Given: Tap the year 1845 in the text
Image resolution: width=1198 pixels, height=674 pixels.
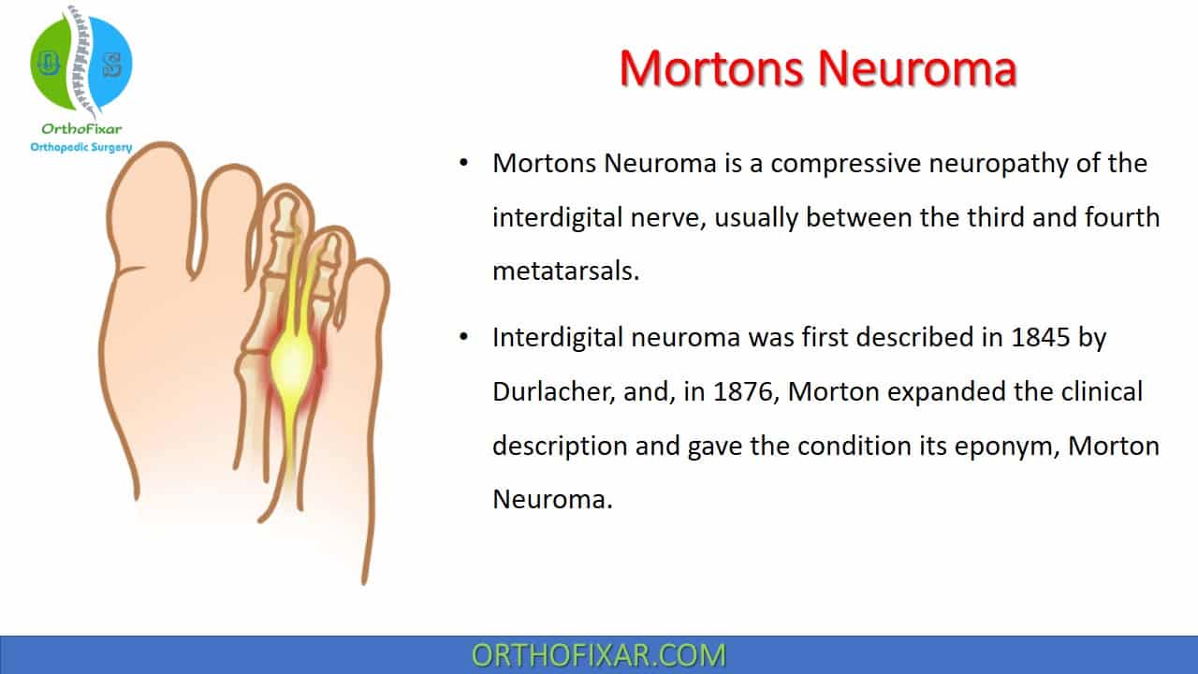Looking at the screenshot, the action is pos(1040,338).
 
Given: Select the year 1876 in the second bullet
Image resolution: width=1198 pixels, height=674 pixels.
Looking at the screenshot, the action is pos(743,391).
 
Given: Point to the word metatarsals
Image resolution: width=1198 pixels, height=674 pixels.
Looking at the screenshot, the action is pos(566,271).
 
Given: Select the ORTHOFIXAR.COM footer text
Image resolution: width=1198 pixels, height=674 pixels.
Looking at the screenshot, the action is pos(598,655).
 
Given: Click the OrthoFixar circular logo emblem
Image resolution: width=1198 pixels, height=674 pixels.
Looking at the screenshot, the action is pos(81,63).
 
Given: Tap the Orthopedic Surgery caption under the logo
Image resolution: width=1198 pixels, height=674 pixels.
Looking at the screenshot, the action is pos(81,147).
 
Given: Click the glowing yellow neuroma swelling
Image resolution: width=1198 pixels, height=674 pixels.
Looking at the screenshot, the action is pos(291,364).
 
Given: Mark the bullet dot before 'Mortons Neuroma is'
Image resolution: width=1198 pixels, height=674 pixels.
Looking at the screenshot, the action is pos(463,163).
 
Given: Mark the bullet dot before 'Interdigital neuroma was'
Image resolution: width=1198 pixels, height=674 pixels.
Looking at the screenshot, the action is pos(463,337).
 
